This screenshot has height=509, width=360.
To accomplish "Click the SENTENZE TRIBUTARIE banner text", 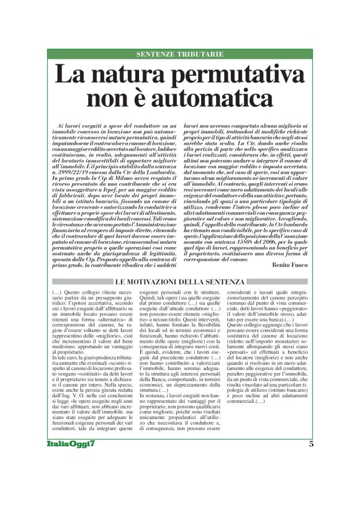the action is (x=179, y=55).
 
